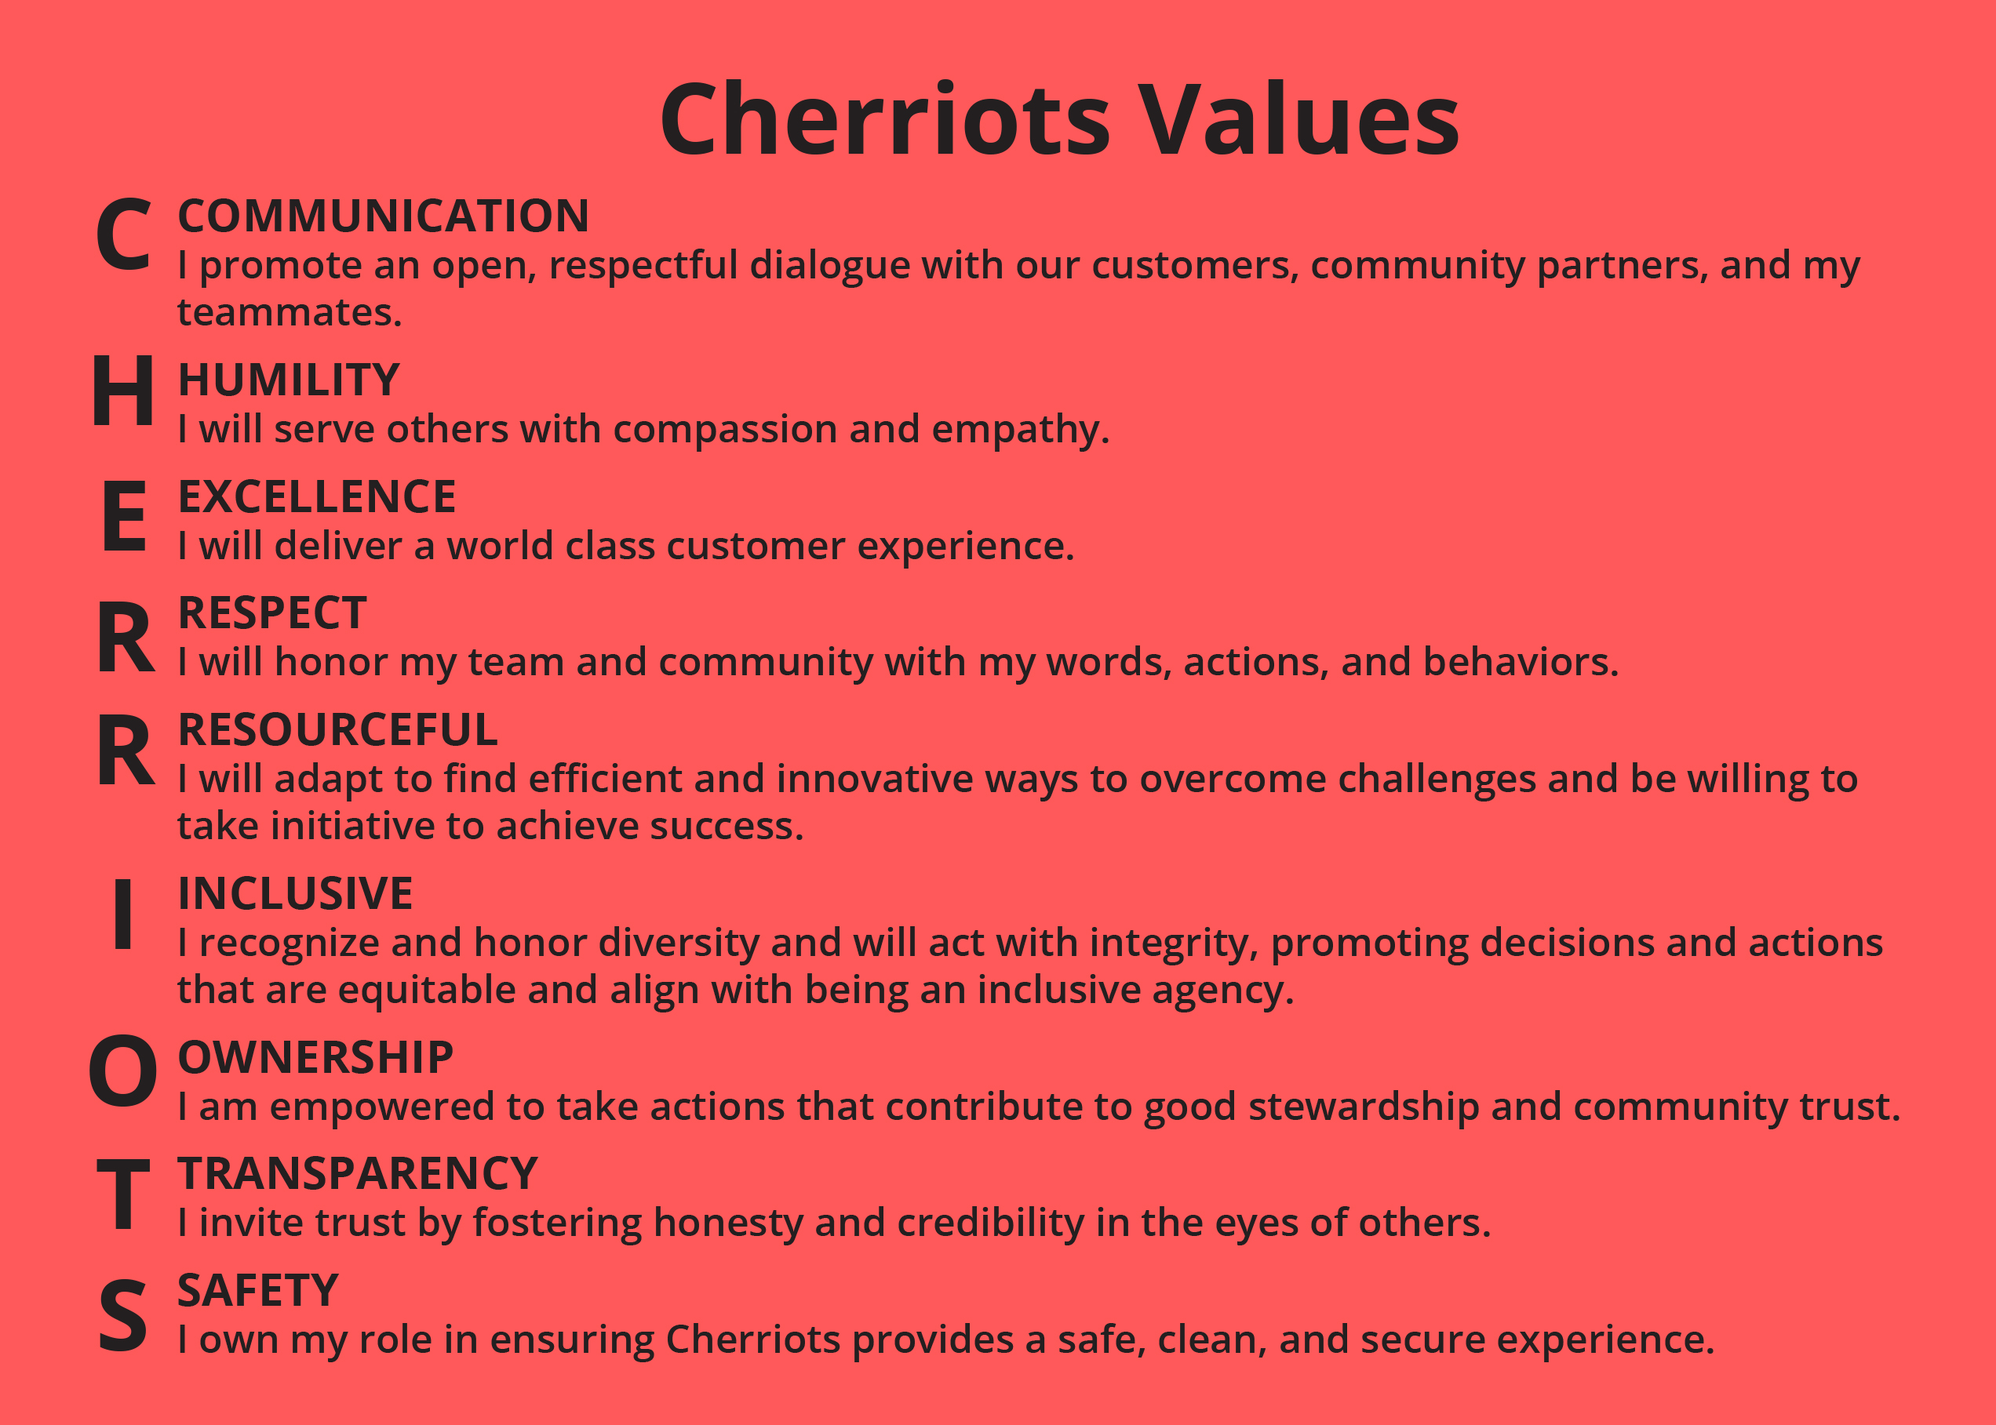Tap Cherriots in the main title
tap(885, 119)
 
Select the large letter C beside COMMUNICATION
tap(124, 234)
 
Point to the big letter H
tap(124, 391)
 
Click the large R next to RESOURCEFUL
tap(126, 751)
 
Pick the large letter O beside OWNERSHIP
tap(123, 1071)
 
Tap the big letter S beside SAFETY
tap(122, 1315)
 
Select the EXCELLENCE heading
tap(317, 496)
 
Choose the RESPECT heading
tap(272, 613)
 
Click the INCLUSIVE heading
tap(295, 893)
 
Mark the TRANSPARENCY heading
tap(357, 1173)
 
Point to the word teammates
tap(290, 313)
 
